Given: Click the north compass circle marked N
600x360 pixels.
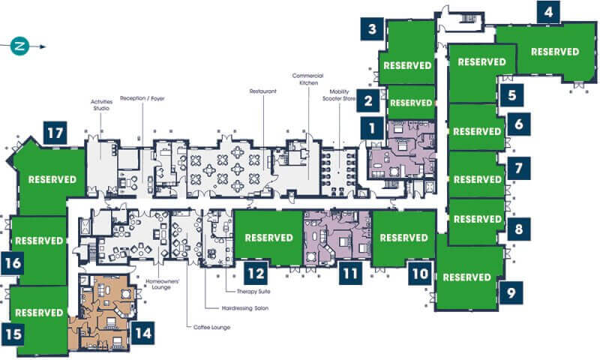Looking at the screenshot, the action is click(x=19, y=46).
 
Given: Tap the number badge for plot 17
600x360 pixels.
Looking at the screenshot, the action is click(x=55, y=133).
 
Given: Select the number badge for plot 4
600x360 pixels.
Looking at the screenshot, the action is click(x=548, y=12).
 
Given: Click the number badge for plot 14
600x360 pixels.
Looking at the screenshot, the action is click(x=143, y=333).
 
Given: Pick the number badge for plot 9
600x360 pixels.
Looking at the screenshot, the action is click(x=511, y=293).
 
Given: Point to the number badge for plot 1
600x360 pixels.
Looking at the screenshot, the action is click(x=372, y=128).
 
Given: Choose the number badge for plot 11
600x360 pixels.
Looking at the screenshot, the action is click(x=350, y=273).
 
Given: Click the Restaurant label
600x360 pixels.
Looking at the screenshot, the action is click(x=263, y=91).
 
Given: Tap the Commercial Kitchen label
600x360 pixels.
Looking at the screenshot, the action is click(x=308, y=79).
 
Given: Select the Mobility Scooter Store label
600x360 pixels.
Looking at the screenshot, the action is click(x=339, y=95).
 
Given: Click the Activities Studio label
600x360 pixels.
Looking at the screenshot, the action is click(x=101, y=105).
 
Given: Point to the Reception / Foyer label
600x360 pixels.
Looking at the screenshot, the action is click(x=142, y=98).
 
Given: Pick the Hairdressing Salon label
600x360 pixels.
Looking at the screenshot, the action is click(x=245, y=308).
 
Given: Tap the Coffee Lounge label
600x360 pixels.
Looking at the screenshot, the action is click(x=211, y=327).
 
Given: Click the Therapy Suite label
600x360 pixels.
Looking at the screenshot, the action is click(x=253, y=291).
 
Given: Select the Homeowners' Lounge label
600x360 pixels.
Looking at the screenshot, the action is click(x=162, y=284).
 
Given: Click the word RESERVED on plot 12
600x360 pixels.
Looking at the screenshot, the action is click(x=268, y=238).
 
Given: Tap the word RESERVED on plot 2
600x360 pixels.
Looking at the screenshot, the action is click(x=411, y=103).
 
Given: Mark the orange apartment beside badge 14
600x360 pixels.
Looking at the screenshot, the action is click(x=104, y=312).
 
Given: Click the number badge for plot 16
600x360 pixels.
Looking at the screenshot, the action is click(x=13, y=263).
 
